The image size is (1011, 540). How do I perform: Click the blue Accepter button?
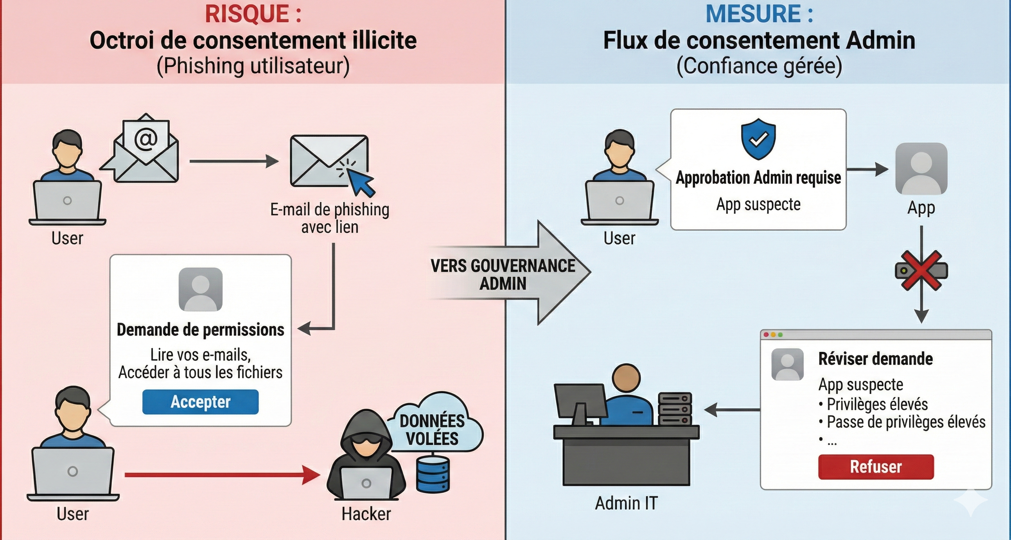pyautogui.click(x=200, y=402)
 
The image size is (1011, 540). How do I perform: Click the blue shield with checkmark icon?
pyautogui.click(x=758, y=139)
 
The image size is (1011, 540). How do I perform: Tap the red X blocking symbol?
pyautogui.click(x=921, y=271)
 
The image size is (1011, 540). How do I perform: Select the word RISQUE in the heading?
pyautogui.click(x=247, y=14)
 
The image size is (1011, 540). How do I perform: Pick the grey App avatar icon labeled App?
pyautogui.click(x=921, y=169)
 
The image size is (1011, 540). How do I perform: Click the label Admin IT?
pyautogui.click(x=626, y=503)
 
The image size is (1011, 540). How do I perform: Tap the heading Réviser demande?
pyautogui.click(x=875, y=359)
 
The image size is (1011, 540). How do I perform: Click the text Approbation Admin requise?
pyautogui.click(x=758, y=178)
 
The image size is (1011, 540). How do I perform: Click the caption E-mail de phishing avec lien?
pyautogui.click(x=330, y=218)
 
